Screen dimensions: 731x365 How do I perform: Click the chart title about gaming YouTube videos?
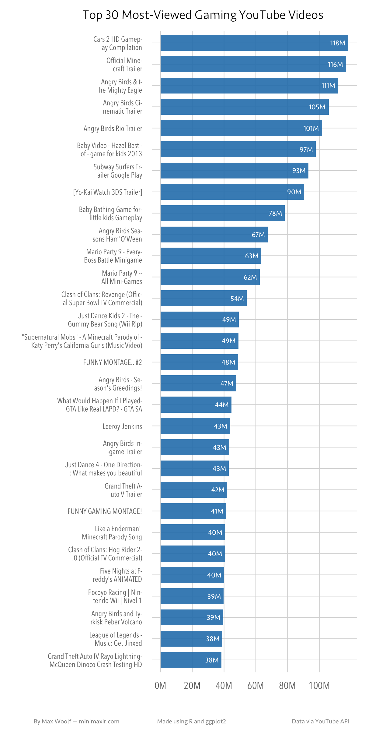coord(203,15)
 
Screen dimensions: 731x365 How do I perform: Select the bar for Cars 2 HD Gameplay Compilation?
coord(254,43)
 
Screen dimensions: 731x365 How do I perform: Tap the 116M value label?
coord(335,64)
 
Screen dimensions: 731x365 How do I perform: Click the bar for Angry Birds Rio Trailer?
coord(241,128)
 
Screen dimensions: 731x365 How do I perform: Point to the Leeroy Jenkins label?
coord(122,426)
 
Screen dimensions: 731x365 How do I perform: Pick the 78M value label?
coord(275,213)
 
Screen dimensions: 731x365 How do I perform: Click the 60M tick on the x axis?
coord(255,686)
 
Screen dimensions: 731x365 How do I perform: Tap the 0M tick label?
coord(160,686)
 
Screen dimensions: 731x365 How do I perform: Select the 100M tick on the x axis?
coord(319,686)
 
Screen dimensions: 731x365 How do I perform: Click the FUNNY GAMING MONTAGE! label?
coord(105,511)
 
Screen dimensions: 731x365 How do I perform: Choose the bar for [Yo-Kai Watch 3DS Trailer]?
coord(232,192)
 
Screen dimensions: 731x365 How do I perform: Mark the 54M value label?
coord(237,298)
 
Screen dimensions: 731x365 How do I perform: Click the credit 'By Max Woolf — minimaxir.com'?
coord(76,721)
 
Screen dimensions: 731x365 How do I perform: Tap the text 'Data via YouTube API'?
coord(320,721)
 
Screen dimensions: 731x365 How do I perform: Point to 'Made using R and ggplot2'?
coord(192,721)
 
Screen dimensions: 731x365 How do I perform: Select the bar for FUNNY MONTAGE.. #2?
coord(199,362)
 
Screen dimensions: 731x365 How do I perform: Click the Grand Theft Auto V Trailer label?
coord(123,490)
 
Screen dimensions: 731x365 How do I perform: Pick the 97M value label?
coord(306,150)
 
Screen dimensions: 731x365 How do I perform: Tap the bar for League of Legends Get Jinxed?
coord(191,639)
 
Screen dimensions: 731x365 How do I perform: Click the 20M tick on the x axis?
coord(192,686)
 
